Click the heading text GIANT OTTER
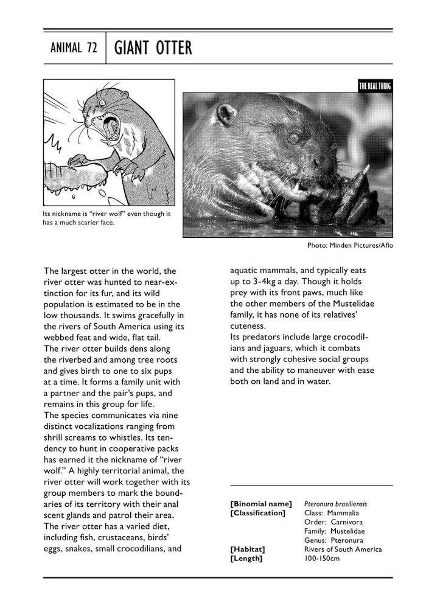[x=152, y=48]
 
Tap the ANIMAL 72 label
[x=74, y=49]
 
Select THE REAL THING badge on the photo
[x=375, y=86]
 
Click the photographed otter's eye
[x=293, y=137]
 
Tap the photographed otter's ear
[x=226, y=113]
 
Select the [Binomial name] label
[x=261, y=504]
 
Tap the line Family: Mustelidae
[x=333, y=531]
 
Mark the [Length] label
[x=246, y=559]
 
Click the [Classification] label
[x=257, y=513]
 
